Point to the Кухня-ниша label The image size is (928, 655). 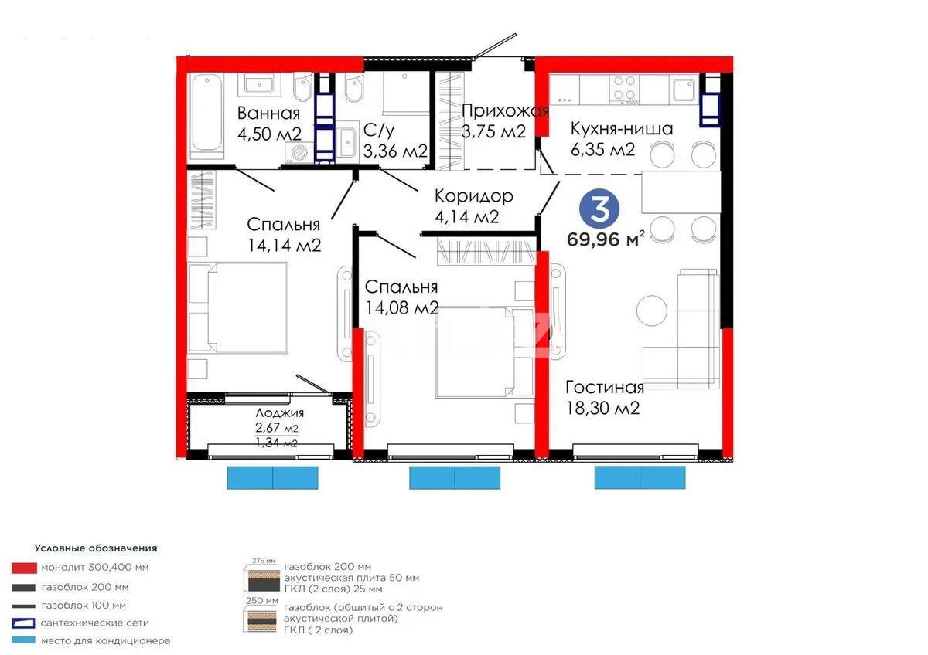(621, 128)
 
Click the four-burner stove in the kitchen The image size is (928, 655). (625, 89)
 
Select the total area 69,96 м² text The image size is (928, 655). (606, 239)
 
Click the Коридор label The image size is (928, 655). (473, 196)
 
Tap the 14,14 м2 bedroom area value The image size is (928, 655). (283, 245)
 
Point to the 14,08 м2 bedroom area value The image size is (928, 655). (401, 307)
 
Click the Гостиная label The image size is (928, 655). (604, 387)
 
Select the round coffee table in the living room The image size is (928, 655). (651, 311)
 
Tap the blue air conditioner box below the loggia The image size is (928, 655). (272, 477)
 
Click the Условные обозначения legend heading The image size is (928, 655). (95, 548)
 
